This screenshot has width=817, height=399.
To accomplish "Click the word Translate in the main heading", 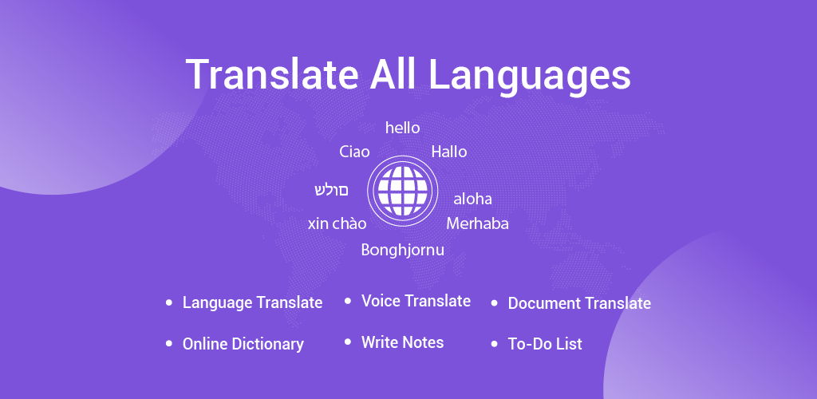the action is (x=272, y=74).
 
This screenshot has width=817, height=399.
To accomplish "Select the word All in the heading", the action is (x=393, y=74).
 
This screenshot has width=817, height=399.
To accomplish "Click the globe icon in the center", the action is (x=402, y=191).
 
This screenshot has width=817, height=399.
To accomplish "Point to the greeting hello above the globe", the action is (x=402, y=128).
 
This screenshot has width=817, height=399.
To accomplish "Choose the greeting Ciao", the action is (x=354, y=152).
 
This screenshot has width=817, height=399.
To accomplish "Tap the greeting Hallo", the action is (x=449, y=152).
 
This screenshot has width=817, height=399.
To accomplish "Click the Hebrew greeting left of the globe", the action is (x=331, y=190).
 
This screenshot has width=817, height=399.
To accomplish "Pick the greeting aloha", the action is (x=472, y=199).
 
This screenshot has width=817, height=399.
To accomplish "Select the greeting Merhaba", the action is (x=477, y=223).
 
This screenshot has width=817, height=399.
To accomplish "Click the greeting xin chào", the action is (x=337, y=223).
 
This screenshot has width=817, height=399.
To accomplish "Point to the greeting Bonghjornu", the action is (x=403, y=251).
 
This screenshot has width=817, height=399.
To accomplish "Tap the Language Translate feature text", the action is (x=252, y=302).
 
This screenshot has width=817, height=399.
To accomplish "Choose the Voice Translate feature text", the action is (x=416, y=301).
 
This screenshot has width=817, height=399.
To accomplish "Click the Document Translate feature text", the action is (x=579, y=303).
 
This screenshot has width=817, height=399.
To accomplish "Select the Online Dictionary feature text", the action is (x=243, y=344).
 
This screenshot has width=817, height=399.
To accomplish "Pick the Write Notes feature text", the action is (x=402, y=342).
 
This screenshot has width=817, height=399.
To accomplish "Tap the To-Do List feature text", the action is (x=545, y=344).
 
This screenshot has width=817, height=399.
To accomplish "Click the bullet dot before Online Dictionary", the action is (x=168, y=344).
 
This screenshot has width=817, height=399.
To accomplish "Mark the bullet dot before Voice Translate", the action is (x=348, y=301).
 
